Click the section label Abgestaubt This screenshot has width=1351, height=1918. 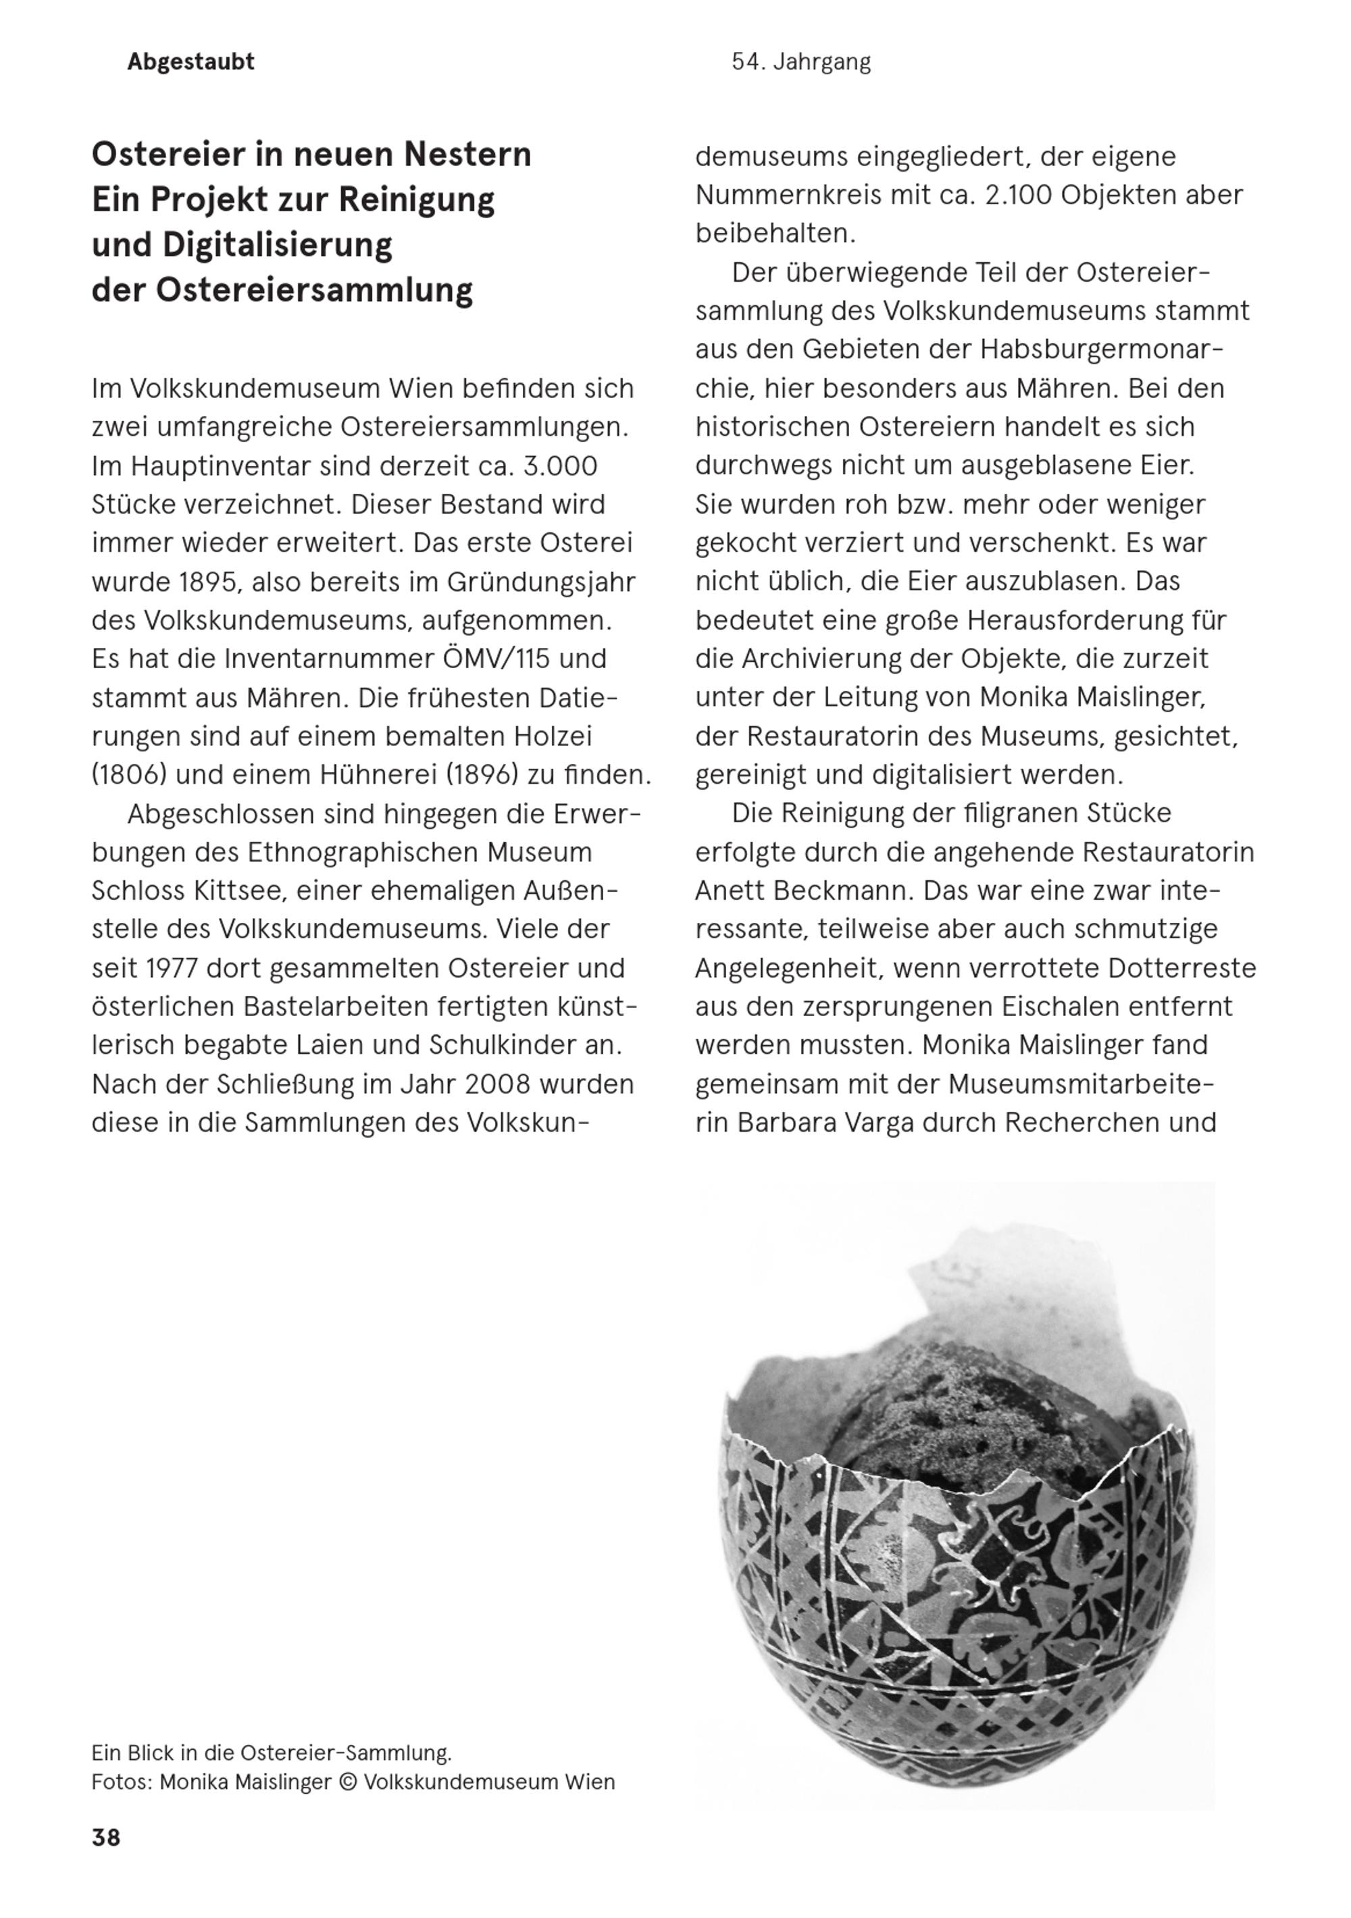[190, 62]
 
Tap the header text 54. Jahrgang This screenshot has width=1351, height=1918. [800, 62]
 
